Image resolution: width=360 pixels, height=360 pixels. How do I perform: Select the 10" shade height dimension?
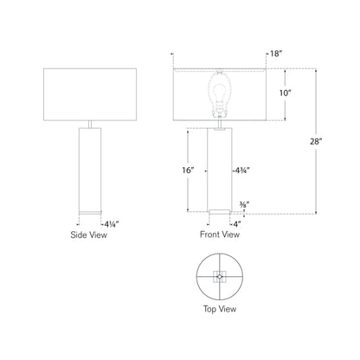[296, 93]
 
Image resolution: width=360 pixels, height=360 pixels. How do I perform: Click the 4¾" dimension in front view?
[243, 170]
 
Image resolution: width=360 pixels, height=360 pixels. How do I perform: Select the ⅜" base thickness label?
[244, 205]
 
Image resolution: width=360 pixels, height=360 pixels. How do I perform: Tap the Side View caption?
[89, 235]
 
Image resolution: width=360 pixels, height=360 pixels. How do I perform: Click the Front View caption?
[219, 235]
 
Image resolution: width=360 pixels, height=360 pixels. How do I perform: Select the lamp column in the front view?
[219, 169]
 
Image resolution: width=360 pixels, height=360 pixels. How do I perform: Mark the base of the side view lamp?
[89, 211]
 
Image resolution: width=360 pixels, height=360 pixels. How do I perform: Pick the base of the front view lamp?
[219, 210]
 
